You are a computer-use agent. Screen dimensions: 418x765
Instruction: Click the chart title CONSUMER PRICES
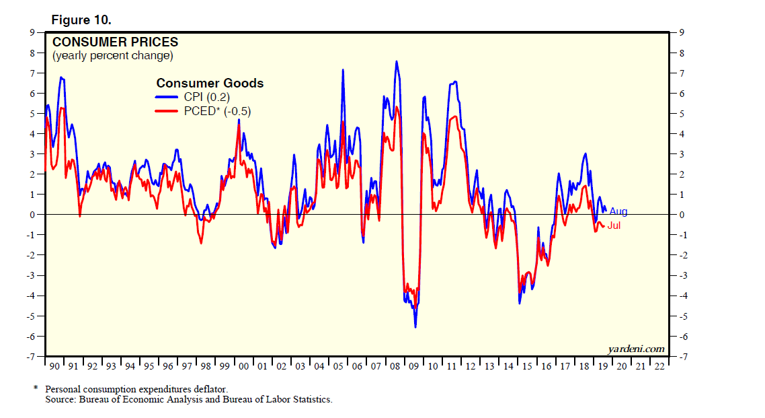point(115,42)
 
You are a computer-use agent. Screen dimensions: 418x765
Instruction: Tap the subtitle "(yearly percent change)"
point(113,55)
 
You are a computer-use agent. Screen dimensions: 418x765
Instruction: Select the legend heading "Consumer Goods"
point(210,83)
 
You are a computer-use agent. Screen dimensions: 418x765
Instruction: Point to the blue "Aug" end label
point(618,212)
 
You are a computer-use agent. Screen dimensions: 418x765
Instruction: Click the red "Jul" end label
point(614,226)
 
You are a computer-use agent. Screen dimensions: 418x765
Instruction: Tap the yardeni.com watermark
point(636,349)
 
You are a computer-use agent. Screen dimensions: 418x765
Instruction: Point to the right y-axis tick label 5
point(681,114)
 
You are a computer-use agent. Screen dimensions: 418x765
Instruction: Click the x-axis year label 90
point(54,367)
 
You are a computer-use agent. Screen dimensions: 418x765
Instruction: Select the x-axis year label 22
point(659,367)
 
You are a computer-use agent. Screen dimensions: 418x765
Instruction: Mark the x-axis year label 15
point(527,367)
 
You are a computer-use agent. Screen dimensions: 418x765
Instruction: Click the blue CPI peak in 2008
point(397,61)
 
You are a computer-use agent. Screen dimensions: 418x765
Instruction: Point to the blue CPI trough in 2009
point(415,327)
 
